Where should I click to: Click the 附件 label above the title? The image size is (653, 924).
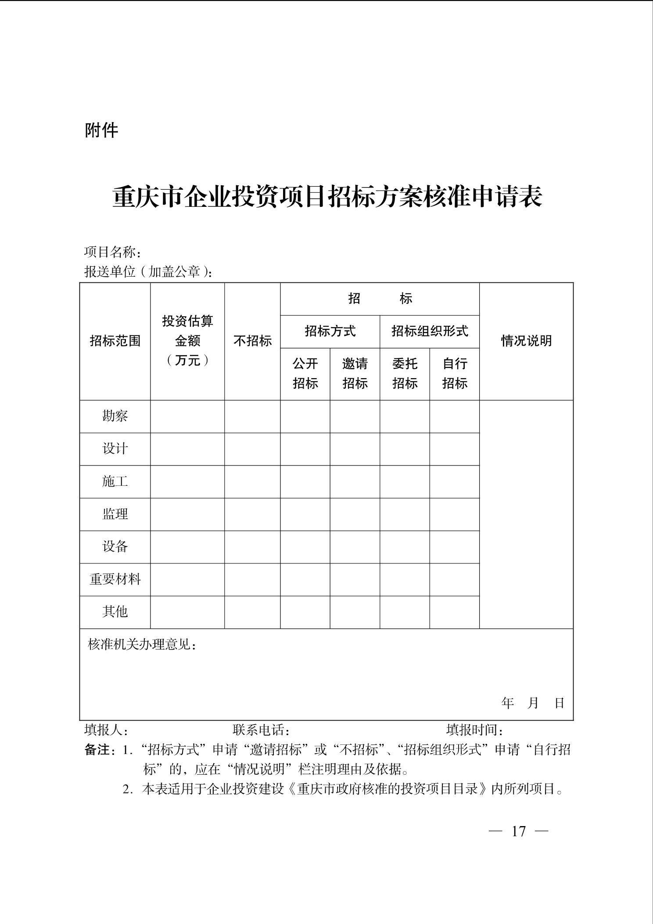tap(101, 130)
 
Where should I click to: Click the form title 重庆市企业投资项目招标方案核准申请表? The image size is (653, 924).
tap(327, 197)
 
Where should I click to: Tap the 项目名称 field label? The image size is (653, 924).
tap(112, 253)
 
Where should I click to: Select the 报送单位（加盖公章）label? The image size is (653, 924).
tap(148, 272)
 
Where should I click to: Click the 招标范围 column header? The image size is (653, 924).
tap(115, 341)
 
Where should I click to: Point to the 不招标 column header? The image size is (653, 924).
tap(252, 341)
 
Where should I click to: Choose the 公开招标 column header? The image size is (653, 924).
tap(305, 373)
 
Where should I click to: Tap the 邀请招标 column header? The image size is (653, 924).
tap(355, 373)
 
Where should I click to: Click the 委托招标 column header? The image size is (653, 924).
tap(405, 373)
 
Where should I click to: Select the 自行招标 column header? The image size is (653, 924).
tap(455, 373)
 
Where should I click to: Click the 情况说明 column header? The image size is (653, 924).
tap(526, 341)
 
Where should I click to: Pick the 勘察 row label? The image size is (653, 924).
tap(115, 416)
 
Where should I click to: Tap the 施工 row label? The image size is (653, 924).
tap(115, 481)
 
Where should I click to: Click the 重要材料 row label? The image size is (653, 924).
tap(115, 579)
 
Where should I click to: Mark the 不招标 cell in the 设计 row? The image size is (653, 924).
tap(252, 449)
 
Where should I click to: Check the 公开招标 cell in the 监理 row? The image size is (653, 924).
tap(305, 514)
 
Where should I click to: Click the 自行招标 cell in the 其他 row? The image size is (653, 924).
tap(455, 612)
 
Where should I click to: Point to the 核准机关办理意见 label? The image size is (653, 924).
tap(142, 645)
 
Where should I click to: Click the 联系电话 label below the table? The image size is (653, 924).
tap(261, 730)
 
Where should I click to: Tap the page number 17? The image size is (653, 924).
tap(518, 831)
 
